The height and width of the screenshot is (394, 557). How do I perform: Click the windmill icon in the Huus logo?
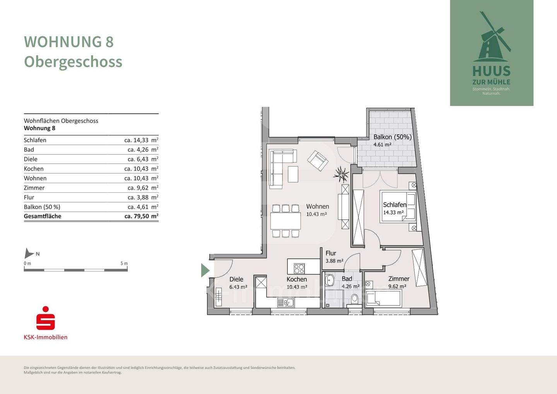tap(492, 37)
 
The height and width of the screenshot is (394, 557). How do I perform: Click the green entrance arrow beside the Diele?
tap(205, 270)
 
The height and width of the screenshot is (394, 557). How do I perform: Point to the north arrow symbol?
tap(29, 253)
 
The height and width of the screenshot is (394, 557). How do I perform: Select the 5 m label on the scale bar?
tap(124, 264)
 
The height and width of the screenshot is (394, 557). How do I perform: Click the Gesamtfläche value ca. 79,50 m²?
tap(141, 216)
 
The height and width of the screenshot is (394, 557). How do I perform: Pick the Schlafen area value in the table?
tap(141, 140)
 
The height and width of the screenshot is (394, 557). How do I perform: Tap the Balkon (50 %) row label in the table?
tap(42, 207)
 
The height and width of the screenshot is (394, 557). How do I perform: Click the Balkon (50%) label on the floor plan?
tap(392, 137)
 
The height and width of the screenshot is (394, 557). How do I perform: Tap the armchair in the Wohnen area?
tap(318, 161)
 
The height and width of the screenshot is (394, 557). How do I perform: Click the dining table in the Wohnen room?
tap(285, 221)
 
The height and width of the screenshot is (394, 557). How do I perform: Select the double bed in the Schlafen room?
tap(398, 206)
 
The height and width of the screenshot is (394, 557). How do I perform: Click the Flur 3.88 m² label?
tap(335, 257)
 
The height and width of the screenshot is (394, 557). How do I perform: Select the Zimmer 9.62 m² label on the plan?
tap(398, 282)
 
